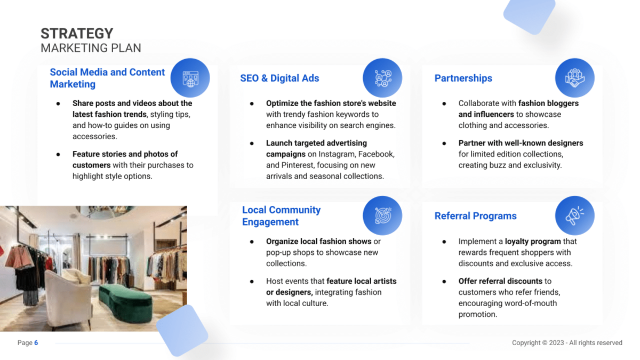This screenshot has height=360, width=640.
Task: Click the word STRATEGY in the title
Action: coord(77,34)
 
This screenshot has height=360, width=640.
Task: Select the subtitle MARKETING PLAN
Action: coord(91,48)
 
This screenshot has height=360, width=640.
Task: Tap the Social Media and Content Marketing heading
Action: coord(107,78)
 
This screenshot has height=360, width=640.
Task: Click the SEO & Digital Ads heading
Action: coord(279,78)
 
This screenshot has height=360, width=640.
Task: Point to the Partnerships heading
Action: coord(463,78)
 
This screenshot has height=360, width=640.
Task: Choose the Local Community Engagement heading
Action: coord(281,216)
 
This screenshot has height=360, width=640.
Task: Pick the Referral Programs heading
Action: coord(475,216)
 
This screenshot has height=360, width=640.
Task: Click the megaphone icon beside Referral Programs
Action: coord(574,216)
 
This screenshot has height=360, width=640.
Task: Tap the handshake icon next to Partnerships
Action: coord(574,78)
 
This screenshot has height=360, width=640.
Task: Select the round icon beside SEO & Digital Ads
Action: coord(382,78)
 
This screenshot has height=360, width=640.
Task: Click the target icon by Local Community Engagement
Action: coord(382,216)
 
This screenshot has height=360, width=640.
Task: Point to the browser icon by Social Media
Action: coord(190,78)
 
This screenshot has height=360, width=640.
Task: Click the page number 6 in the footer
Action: coord(36,343)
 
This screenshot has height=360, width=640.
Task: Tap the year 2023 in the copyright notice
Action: coord(556,343)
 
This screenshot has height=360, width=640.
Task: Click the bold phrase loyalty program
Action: coord(533,242)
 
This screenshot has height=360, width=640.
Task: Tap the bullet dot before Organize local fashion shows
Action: coord(252,242)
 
